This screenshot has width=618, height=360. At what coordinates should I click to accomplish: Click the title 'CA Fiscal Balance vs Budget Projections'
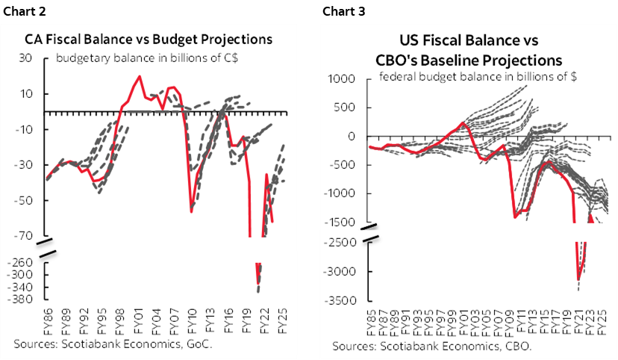[149, 40]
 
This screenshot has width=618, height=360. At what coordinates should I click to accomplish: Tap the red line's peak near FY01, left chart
[140, 76]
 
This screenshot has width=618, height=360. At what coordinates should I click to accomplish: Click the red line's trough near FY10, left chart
[192, 212]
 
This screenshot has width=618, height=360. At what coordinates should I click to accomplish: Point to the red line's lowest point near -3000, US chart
[578, 279]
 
